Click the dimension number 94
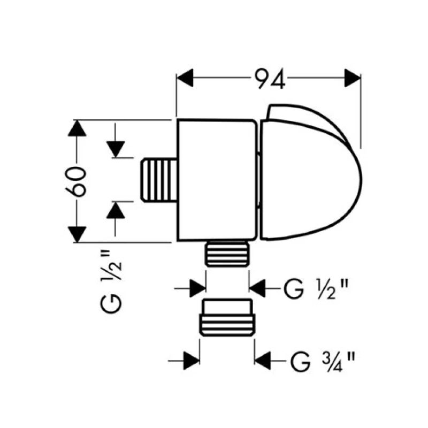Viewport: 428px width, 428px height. [x=270, y=79]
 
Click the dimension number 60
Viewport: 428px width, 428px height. [x=76, y=182]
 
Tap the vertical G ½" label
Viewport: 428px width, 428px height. [x=111, y=282]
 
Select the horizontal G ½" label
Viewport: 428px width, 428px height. [x=316, y=289]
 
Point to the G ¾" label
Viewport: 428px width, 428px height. [x=323, y=362]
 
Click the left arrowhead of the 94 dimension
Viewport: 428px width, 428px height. [x=185, y=78]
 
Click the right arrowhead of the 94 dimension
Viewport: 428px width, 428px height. [x=353, y=78]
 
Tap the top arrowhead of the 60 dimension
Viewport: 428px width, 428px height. [x=77, y=128]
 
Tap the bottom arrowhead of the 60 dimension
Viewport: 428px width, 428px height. [x=77, y=234]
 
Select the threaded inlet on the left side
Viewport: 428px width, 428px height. [x=159, y=180]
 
